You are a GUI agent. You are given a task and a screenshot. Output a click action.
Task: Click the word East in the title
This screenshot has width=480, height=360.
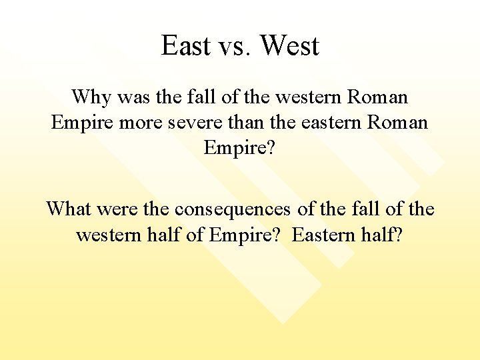(186, 46)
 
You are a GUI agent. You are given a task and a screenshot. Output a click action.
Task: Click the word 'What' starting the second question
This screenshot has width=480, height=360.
(70, 209)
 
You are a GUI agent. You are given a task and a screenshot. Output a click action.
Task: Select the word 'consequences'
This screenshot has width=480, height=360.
(232, 209)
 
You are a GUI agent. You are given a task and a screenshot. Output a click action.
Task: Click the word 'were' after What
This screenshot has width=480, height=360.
(119, 209)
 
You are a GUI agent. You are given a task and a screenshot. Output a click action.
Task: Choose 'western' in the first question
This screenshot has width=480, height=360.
(307, 97)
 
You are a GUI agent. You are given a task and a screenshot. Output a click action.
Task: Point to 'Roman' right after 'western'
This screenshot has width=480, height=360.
(378, 97)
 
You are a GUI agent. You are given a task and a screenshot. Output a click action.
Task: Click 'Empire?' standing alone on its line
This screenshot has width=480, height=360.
(239, 148)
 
